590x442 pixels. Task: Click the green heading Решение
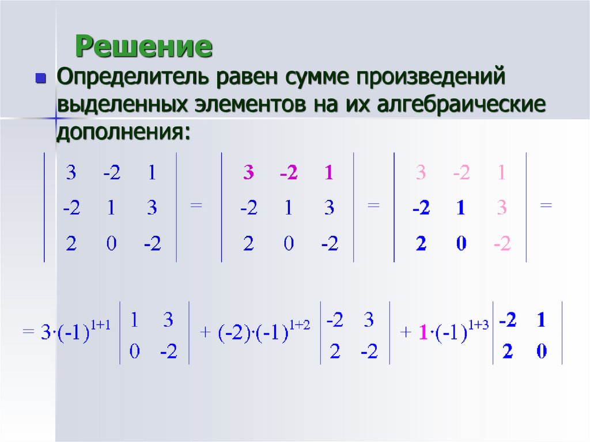tap(144, 47)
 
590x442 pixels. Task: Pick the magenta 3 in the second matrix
tap(248, 173)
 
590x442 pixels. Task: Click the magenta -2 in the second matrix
tap(288, 173)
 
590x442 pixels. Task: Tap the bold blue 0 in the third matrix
tap(460, 244)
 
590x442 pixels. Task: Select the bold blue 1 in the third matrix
tap(460, 209)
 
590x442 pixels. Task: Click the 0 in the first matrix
tap(111, 244)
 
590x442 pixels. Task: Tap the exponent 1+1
tap(107, 326)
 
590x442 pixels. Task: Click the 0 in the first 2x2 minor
tap(134, 352)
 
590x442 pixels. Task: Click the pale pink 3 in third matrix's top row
tap(421, 173)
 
